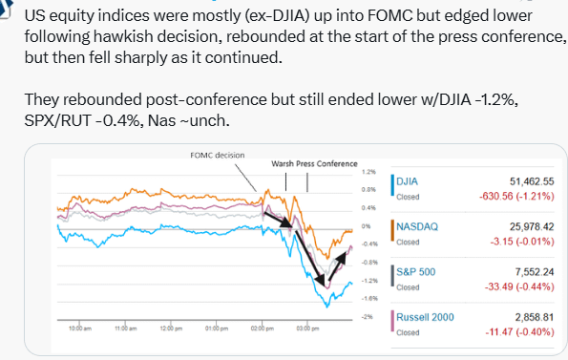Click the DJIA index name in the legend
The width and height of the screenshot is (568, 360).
pyautogui.click(x=407, y=181)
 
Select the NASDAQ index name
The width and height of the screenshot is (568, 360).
pyautogui.click(x=417, y=226)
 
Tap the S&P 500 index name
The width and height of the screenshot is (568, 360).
pyautogui.click(x=415, y=272)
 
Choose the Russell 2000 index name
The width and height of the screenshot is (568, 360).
pyautogui.click(x=425, y=317)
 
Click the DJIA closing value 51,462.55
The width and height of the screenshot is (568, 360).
pyautogui.click(x=532, y=181)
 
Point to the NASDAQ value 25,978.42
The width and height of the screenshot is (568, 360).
pyautogui.click(x=532, y=226)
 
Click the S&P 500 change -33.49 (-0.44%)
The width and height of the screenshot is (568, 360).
pyautogui.click(x=519, y=286)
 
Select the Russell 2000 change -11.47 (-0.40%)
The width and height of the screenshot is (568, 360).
pyautogui.click(x=520, y=332)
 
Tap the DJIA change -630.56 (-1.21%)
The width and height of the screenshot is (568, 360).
pyautogui.click(x=516, y=197)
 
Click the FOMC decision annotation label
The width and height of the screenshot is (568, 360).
pyautogui.click(x=218, y=156)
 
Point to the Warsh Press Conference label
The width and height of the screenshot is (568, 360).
pyautogui.click(x=314, y=164)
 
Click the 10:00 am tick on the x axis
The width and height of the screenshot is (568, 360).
pyautogui.click(x=80, y=328)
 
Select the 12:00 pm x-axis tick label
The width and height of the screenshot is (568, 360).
pyautogui.click(x=171, y=328)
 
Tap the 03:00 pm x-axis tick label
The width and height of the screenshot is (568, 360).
pyautogui.click(x=307, y=328)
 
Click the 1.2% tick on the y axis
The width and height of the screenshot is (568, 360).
pyautogui.click(x=368, y=172)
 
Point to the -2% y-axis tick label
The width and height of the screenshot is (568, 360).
pyautogui.click(x=367, y=317)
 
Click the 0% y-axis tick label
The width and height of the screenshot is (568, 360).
pyautogui.click(x=366, y=226)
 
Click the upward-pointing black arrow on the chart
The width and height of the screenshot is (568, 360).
pyautogui.click(x=337, y=266)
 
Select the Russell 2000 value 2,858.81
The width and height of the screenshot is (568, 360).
pyautogui.click(x=535, y=317)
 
